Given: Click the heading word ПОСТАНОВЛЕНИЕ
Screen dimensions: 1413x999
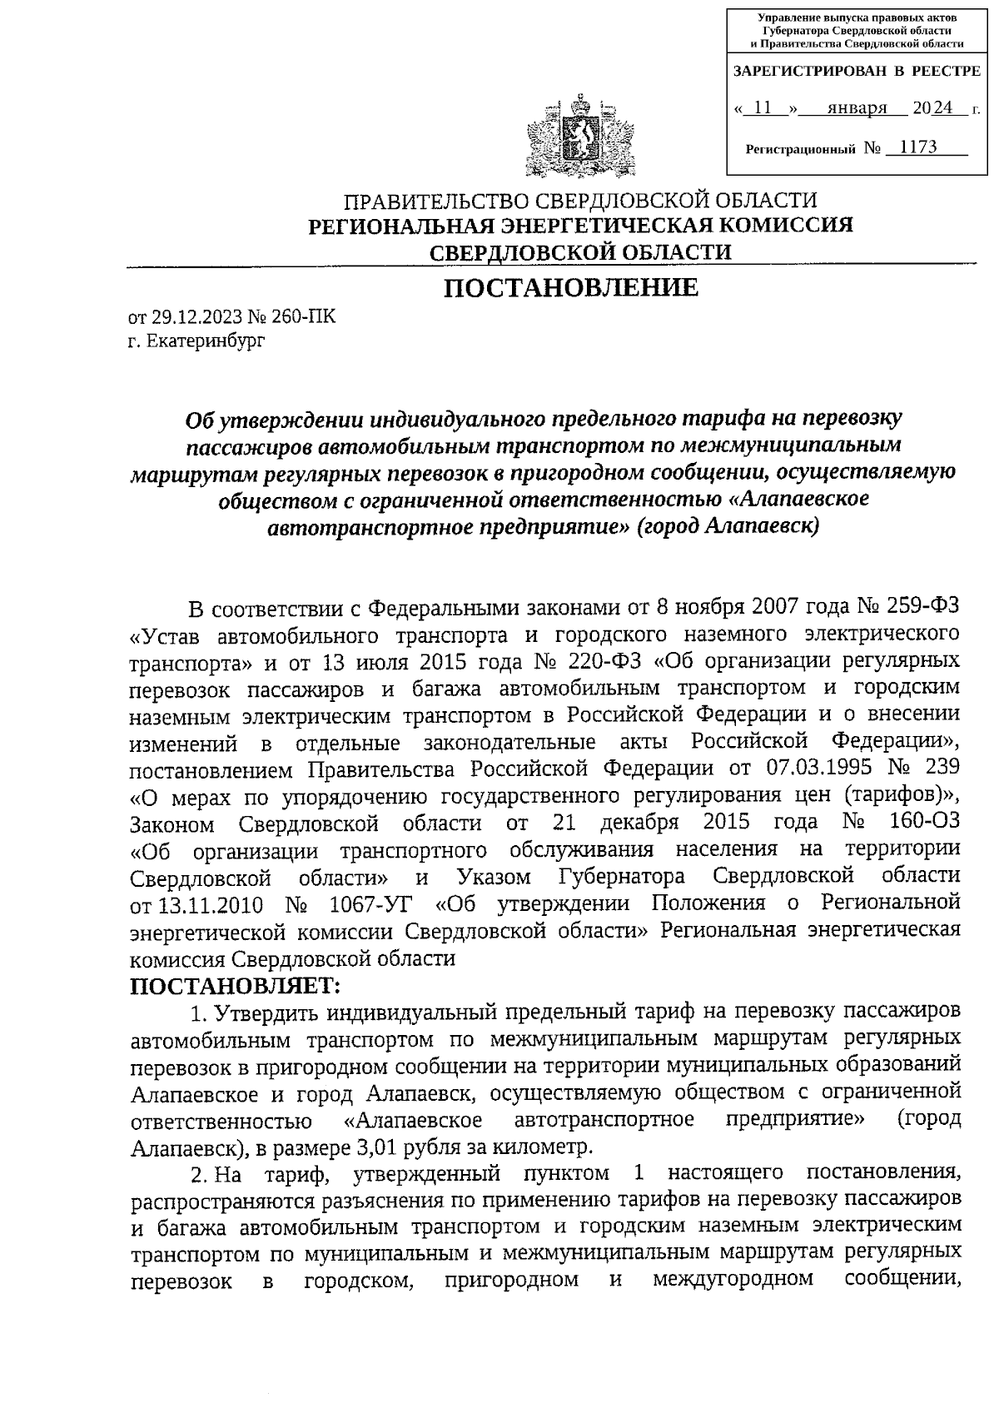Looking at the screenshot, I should [x=570, y=288].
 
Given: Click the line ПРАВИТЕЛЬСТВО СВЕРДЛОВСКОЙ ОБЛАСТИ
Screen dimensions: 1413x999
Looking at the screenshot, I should [x=581, y=201].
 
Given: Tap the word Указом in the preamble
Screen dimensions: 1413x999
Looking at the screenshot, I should [x=497, y=877].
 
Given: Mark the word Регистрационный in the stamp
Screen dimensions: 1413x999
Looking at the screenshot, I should [x=800, y=149].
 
